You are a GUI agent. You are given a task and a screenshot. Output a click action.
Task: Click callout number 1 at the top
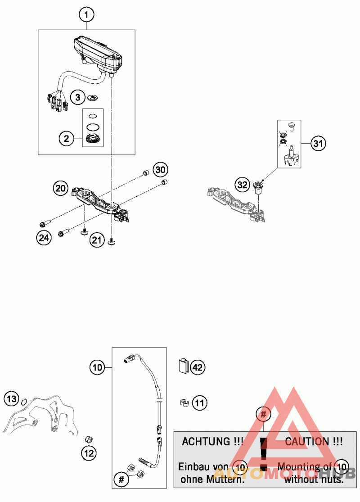[x=86, y=15]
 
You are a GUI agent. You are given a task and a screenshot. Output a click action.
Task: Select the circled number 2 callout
[x=66, y=139]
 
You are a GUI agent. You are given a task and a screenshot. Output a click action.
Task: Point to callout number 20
[x=61, y=187]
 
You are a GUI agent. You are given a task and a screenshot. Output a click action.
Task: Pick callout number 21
[x=96, y=241]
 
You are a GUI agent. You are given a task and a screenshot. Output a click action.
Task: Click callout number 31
[x=319, y=144]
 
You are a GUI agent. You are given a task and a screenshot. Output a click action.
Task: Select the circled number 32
[x=243, y=185]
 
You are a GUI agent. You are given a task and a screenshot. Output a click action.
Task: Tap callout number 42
[x=198, y=367]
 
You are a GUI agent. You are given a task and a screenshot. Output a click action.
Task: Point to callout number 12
[x=89, y=453]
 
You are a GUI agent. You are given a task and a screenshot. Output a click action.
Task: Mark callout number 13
[x=12, y=398]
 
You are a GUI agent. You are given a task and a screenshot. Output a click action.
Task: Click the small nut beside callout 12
[x=89, y=439]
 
